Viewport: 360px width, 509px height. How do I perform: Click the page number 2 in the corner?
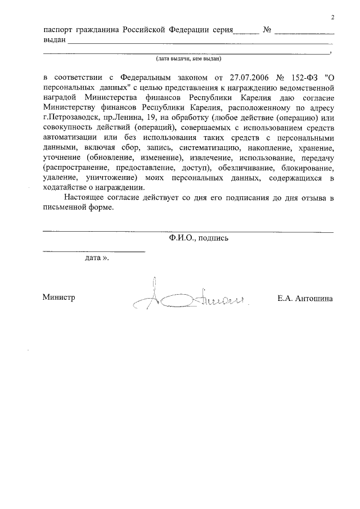(333, 17)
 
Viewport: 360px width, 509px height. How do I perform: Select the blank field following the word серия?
(246, 31)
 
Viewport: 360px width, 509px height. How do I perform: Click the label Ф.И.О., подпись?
(198, 238)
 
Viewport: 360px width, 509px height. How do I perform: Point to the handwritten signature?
(188, 296)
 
